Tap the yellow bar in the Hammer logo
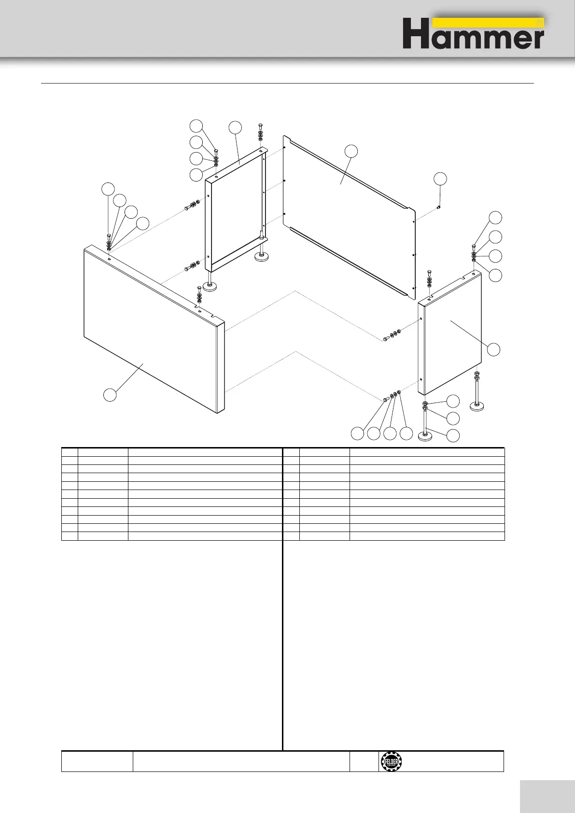tap(488, 23)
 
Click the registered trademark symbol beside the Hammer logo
tap(540, 23)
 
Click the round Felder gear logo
tap(390, 761)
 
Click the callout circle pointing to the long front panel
tap(110, 394)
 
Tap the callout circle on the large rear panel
tap(352, 151)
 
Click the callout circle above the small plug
tap(440, 178)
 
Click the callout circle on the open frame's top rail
tap(235, 127)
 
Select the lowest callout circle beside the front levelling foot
tap(452, 435)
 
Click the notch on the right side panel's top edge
tap(464, 277)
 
